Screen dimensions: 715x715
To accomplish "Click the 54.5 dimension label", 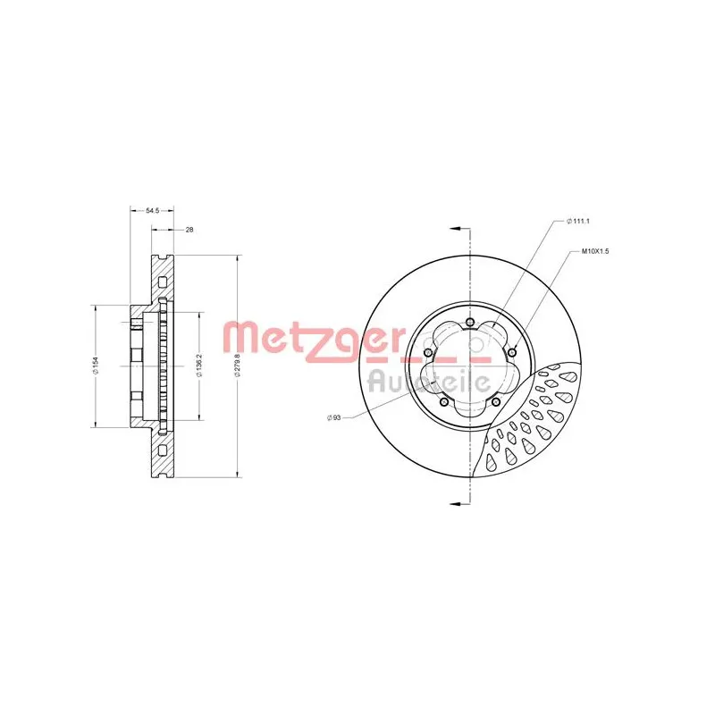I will pyautogui.click(x=152, y=211).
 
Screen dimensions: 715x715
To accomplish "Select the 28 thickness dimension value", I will pyautogui.click(x=189, y=230).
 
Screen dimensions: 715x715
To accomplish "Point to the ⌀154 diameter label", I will pyautogui.click(x=95, y=367).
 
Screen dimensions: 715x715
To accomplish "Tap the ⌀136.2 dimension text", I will pyautogui.click(x=198, y=367).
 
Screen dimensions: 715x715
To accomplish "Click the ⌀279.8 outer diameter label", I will pyautogui.click(x=237, y=367).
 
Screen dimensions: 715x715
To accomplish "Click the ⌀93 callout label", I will pyautogui.click(x=335, y=416).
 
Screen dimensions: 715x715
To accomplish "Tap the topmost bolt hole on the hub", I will pyautogui.click(x=470, y=323).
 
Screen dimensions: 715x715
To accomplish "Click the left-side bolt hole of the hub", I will pyautogui.click(x=428, y=353).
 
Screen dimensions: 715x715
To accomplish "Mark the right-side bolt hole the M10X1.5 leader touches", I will pyautogui.click(x=512, y=353).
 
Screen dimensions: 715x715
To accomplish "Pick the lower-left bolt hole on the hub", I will pyautogui.click(x=444, y=402).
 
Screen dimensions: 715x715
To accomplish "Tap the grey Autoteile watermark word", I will pyautogui.click(x=429, y=380).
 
